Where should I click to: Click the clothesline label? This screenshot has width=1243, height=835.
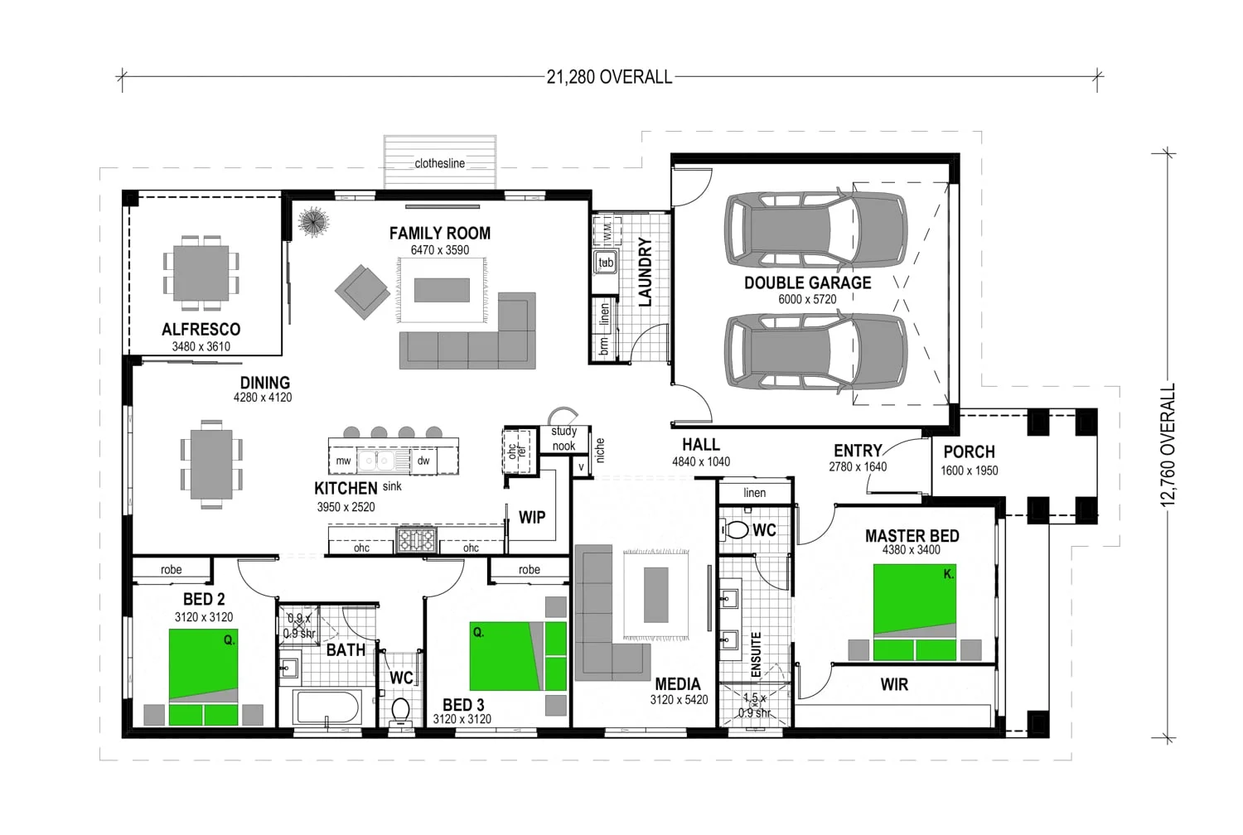tap(439, 163)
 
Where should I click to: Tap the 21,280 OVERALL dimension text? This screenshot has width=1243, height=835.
tap(609, 77)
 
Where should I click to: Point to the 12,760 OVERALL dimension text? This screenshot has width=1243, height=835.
tap(1168, 444)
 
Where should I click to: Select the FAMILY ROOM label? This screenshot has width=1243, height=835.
tap(439, 234)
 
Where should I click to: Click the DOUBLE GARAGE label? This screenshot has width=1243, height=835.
tap(807, 283)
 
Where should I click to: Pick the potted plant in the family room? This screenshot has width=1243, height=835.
tap(313, 222)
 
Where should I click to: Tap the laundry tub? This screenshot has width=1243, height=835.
tap(606, 263)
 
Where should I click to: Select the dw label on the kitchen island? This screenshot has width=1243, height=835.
tap(423, 461)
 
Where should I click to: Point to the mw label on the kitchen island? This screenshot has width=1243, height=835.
tap(344, 461)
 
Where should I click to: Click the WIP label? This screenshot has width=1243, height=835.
tap(532, 518)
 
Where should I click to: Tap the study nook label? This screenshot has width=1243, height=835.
tap(563, 438)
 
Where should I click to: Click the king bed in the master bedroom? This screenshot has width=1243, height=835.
tap(915, 612)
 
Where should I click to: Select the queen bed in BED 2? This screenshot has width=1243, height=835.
tap(204, 677)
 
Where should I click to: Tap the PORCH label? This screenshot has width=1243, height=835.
tap(969, 452)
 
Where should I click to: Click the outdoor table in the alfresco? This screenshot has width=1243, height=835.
tap(201, 273)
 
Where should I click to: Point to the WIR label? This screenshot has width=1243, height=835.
tap(894, 684)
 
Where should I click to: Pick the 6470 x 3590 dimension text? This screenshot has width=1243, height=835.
tap(439, 250)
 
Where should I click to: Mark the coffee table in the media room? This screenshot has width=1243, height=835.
tap(656, 595)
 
